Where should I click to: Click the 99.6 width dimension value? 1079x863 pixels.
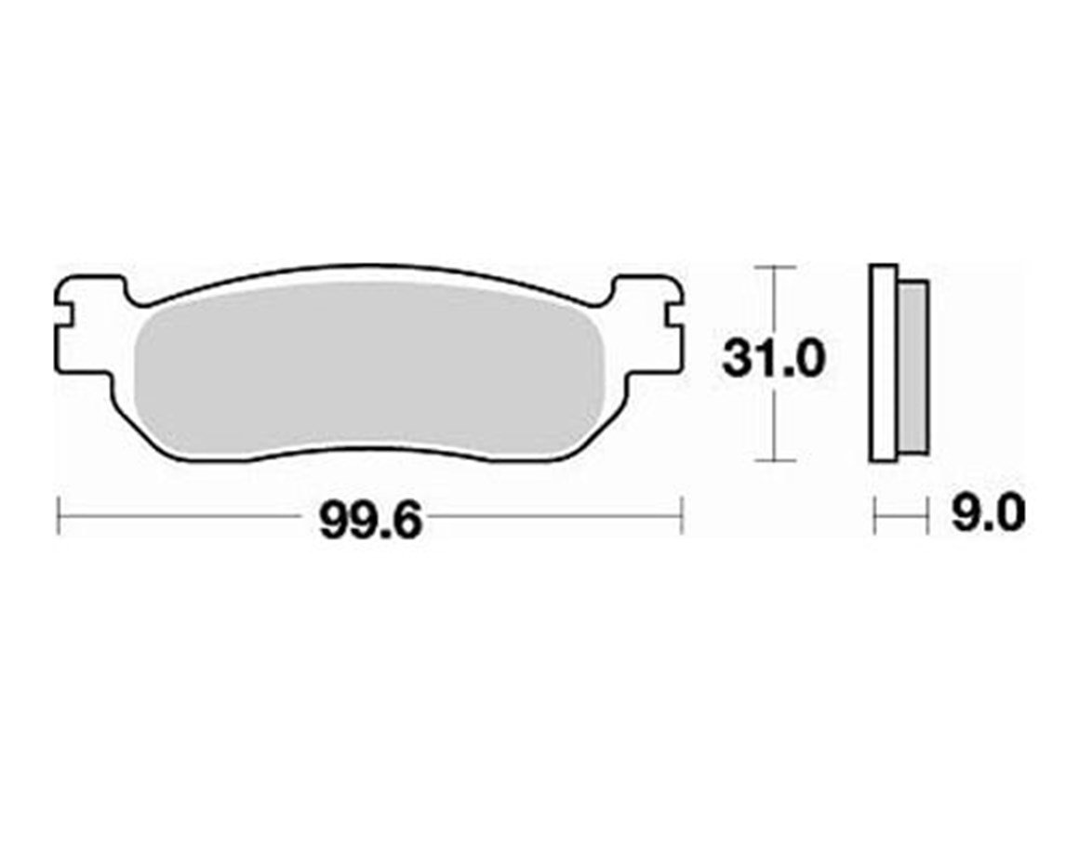(x=370, y=521)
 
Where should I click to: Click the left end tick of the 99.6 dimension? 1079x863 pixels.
(x=59, y=515)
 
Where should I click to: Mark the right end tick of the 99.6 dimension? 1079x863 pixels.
(x=683, y=515)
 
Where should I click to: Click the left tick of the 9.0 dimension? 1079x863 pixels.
(x=874, y=515)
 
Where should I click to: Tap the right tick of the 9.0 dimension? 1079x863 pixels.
(x=928, y=515)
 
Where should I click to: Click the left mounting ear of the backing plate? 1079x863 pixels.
(x=88, y=325)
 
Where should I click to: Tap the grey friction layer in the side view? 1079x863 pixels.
(x=913, y=367)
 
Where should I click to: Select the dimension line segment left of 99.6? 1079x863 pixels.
(x=186, y=515)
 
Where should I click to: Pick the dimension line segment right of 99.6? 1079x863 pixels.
(x=558, y=515)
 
